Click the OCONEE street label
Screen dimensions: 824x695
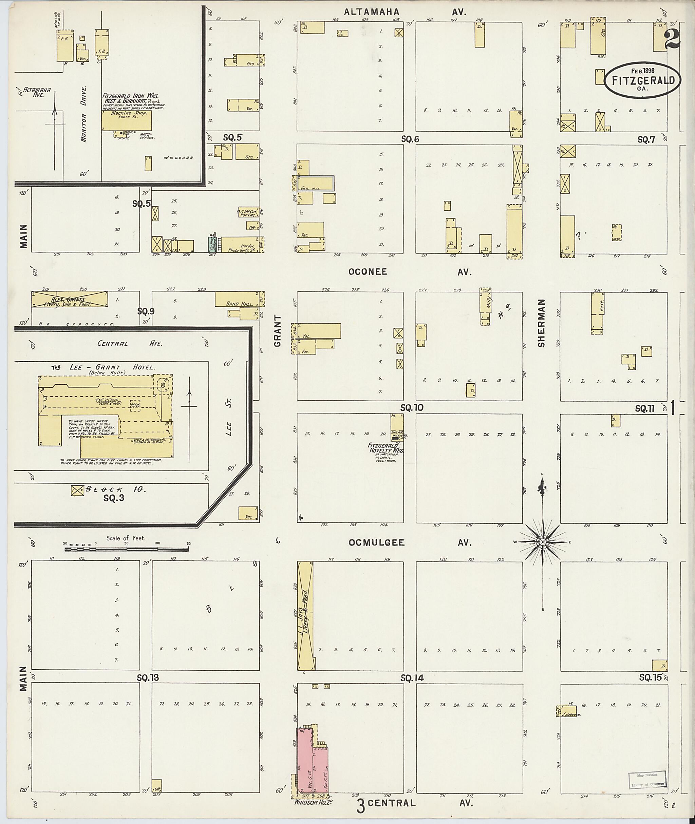[x=367, y=272]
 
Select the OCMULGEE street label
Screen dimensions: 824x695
[x=376, y=542]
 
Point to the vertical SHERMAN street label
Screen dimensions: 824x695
[x=541, y=323]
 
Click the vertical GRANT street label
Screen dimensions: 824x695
[x=278, y=331]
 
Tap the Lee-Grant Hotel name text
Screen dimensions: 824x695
[x=104, y=367]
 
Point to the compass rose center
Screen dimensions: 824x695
[x=543, y=542]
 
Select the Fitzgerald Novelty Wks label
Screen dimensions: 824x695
[x=386, y=448]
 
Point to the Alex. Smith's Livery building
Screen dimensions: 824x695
[x=69, y=299]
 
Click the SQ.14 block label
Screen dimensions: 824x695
[x=412, y=678]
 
